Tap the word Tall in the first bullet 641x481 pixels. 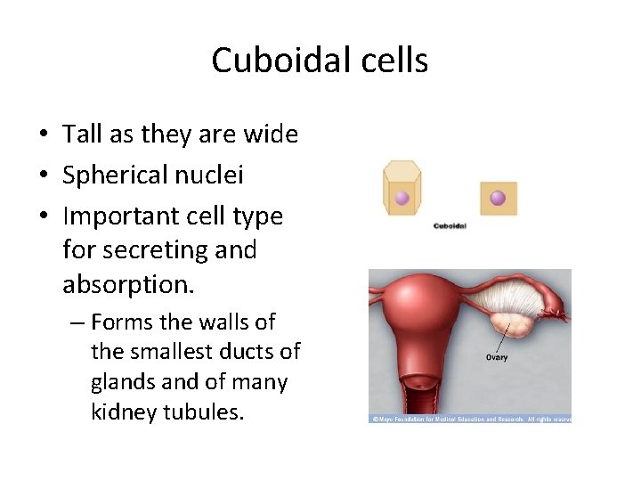pos(82,135)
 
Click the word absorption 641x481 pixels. pos(125,284)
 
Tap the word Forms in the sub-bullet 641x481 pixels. pos(123,322)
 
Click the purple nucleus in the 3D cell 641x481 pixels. pos(402,198)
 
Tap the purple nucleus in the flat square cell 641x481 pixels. pos(498,198)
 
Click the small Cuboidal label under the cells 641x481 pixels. pos(450,226)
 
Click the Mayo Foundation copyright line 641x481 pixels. pos(470,418)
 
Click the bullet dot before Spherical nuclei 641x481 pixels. pos(44,176)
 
